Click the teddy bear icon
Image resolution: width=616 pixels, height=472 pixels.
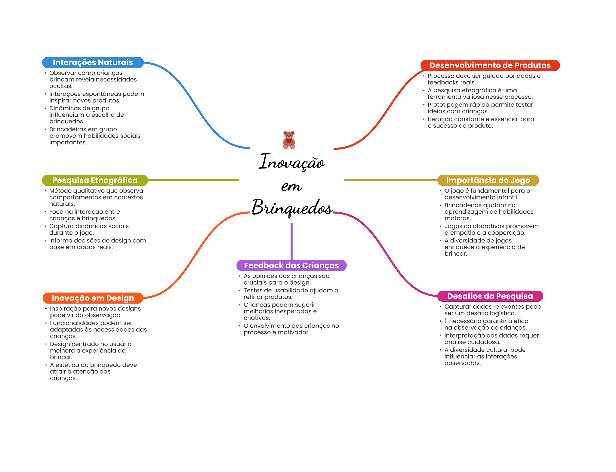click(x=289, y=140)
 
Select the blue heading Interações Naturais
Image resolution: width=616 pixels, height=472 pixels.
click(x=93, y=62)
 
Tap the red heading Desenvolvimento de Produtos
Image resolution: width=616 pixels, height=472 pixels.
click(x=490, y=65)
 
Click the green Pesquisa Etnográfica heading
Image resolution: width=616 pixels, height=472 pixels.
click(x=95, y=180)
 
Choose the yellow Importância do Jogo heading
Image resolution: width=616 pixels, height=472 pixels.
click(x=488, y=180)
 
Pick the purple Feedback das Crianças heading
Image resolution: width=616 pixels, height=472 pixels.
click(x=291, y=265)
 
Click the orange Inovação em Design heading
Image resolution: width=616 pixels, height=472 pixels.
click(x=93, y=298)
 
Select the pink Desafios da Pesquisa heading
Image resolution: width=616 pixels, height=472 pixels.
click(x=490, y=296)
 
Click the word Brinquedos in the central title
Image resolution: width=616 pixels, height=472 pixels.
click(x=292, y=208)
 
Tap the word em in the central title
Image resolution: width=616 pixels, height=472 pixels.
click(x=291, y=186)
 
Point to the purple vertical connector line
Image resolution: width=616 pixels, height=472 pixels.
click(x=291, y=241)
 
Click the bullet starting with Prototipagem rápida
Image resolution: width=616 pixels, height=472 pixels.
click(x=480, y=108)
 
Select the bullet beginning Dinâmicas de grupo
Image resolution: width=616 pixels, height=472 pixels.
click(x=87, y=115)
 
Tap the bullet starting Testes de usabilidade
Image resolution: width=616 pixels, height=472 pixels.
click(x=291, y=294)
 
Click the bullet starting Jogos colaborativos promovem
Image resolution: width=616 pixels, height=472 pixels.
click(x=491, y=229)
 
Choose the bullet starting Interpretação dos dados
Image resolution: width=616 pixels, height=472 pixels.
click(x=491, y=339)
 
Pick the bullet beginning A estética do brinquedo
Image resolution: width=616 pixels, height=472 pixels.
click(x=93, y=371)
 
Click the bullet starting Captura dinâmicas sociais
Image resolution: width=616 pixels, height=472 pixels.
click(x=89, y=229)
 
